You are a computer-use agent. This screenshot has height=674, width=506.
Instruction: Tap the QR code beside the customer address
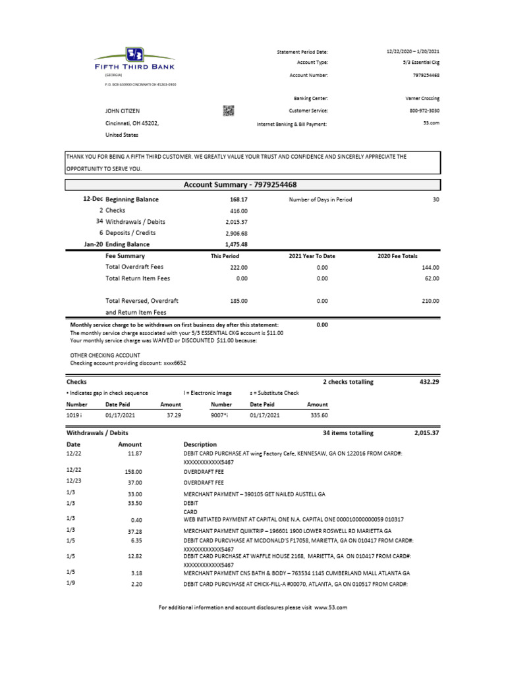click(229, 111)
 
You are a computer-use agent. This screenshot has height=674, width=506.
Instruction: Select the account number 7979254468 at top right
click(426, 75)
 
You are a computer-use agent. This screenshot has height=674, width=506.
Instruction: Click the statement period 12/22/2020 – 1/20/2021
click(412, 51)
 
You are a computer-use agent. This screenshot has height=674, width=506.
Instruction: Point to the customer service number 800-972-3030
click(424, 111)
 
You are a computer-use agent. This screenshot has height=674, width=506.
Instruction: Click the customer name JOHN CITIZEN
click(123, 111)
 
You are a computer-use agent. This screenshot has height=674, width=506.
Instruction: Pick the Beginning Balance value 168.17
click(239, 199)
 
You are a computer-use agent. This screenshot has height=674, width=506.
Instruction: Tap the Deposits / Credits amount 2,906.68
click(236, 233)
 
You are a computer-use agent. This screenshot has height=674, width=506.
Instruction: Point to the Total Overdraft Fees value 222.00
click(239, 267)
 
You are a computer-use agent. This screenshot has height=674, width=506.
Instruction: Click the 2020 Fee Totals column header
click(397, 256)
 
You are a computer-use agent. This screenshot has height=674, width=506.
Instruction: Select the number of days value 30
click(436, 199)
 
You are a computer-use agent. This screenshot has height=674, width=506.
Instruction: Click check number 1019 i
click(75, 415)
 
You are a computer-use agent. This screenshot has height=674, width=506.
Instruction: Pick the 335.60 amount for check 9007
click(319, 415)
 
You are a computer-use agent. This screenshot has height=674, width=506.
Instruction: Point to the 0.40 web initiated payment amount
click(137, 521)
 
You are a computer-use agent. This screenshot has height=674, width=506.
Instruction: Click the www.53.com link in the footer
click(330, 608)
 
